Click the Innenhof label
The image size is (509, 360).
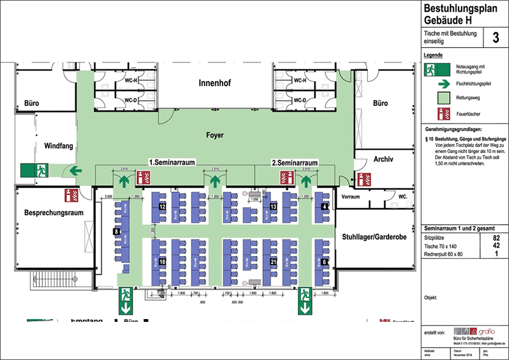[x=215, y=84]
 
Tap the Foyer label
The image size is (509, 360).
[x=215, y=135]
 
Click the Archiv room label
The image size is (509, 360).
[x=383, y=159]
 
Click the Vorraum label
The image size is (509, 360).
[x=350, y=197]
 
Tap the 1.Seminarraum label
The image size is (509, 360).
[x=172, y=162]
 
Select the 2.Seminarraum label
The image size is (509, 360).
[x=295, y=163]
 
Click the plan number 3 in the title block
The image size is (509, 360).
[x=496, y=38]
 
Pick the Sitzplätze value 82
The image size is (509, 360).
[x=496, y=238]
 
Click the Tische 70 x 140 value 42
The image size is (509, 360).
[x=496, y=246]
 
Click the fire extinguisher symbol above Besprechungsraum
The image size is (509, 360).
[x=71, y=195]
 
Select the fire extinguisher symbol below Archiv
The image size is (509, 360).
[x=364, y=179]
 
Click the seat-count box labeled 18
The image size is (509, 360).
[x=162, y=262]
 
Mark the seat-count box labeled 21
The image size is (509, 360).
[x=274, y=262]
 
